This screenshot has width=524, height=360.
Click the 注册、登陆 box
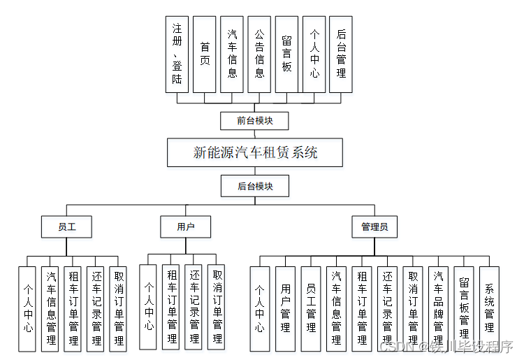(x=177, y=55)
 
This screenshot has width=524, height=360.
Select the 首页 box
(x=205, y=55)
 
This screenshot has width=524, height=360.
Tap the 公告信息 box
(x=259, y=55)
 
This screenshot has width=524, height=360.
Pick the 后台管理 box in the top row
(x=341, y=55)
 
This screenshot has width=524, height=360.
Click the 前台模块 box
(x=254, y=121)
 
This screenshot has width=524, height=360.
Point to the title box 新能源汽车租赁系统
(x=255, y=152)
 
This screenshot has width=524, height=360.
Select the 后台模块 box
(x=254, y=187)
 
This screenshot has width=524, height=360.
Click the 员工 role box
(x=67, y=227)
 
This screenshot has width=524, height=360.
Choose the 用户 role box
(x=186, y=227)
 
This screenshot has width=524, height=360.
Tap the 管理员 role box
(x=374, y=227)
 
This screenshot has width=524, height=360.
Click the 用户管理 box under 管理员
(x=285, y=308)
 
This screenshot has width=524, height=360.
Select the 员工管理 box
(x=311, y=308)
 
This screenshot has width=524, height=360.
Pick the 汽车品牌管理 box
(x=438, y=308)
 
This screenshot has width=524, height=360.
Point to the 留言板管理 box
(x=464, y=308)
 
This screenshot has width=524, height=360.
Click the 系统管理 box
(x=489, y=308)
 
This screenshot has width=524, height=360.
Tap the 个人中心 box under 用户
(x=149, y=306)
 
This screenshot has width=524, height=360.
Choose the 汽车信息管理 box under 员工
(x=50, y=308)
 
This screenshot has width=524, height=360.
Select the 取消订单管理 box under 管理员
(x=413, y=308)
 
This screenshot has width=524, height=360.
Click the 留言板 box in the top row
(x=286, y=55)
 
